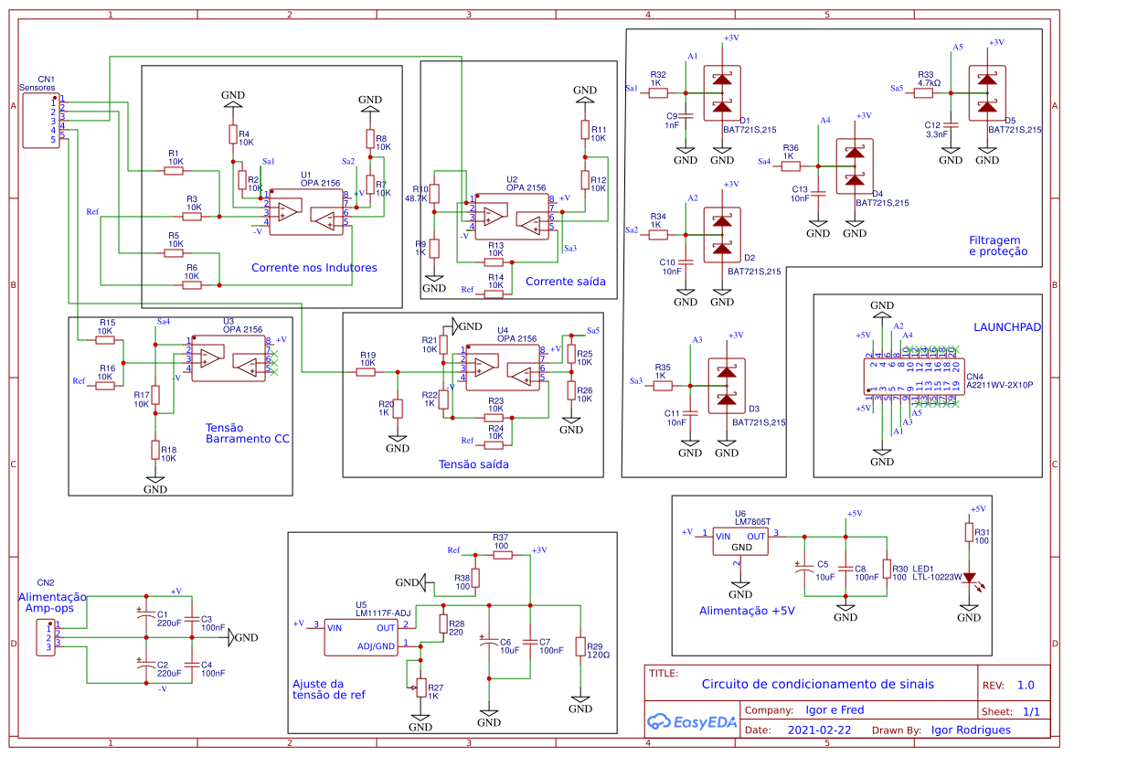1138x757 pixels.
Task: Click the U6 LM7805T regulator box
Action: (x=740, y=541)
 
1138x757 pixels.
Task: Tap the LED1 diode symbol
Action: (x=969, y=580)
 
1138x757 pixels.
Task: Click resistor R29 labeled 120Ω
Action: (x=580, y=646)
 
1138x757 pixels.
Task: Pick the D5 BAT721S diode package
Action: (x=987, y=93)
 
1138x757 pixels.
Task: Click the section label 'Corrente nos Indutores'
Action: (x=314, y=268)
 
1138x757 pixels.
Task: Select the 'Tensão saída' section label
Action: (x=473, y=464)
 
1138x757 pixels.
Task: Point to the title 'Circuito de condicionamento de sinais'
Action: (x=817, y=684)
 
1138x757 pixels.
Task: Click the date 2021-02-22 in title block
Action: (x=819, y=730)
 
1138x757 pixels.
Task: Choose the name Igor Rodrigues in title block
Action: (x=971, y=730)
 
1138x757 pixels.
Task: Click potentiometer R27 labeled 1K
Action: (x=420, y=688)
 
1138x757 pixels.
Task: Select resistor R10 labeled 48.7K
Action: (x=435, y=194)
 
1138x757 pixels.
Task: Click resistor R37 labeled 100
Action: (x=502, y=555)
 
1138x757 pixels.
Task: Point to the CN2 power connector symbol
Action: (x=45, y=637)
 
